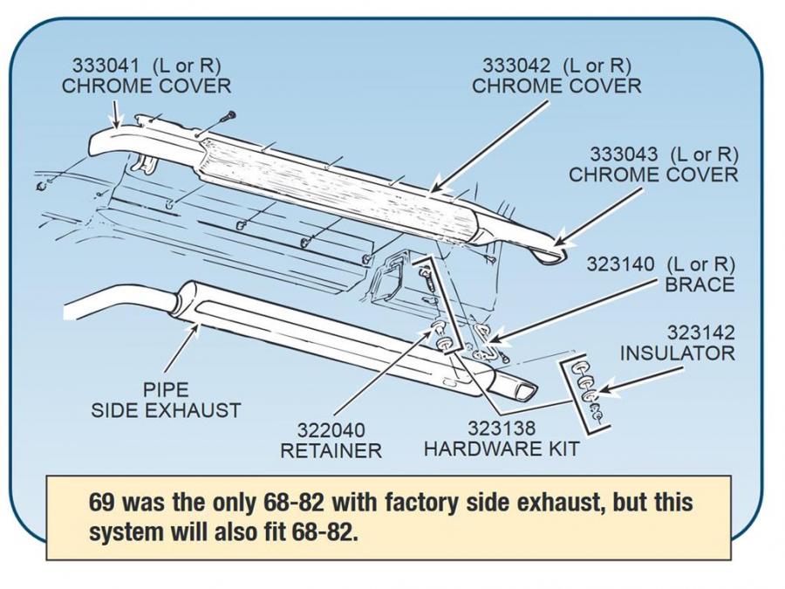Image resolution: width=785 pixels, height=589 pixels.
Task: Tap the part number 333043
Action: point(625,154)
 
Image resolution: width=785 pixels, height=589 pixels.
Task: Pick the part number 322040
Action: point(331,430)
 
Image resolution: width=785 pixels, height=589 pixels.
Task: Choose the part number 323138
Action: point(501,428)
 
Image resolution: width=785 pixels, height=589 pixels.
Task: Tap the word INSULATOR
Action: point(677,353)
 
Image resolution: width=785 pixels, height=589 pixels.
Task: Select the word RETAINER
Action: point(331,451)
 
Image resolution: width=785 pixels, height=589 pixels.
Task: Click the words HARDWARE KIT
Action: point(501,449)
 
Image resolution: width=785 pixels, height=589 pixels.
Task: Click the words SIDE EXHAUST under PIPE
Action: point(166,409)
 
